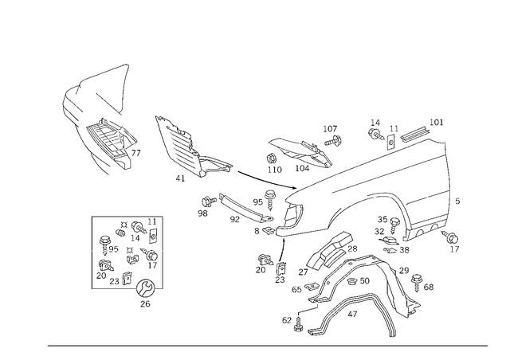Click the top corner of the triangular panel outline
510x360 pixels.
(127, 63)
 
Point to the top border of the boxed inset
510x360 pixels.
(127, 217)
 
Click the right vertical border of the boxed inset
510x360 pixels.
(163, 251)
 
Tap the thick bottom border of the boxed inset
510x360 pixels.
(127, 288)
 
